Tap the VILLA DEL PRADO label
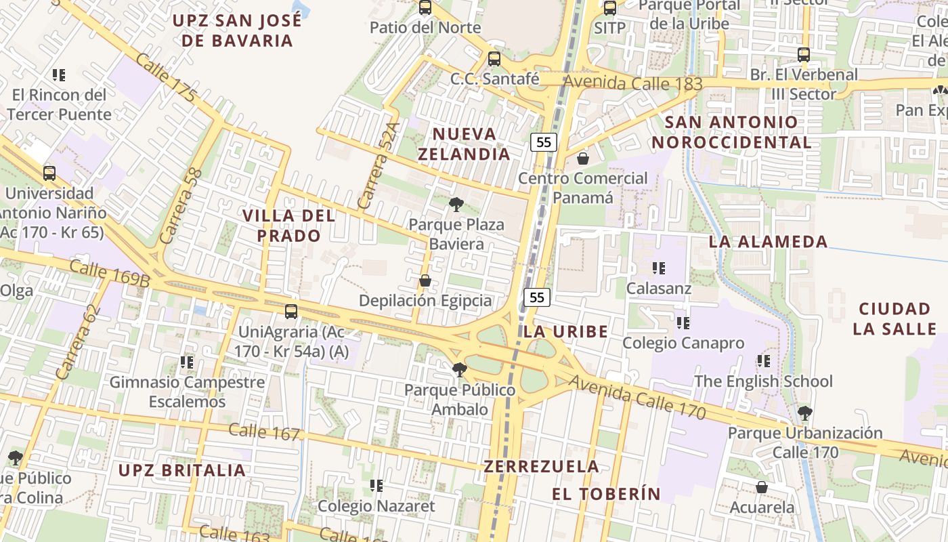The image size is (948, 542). (288, 226)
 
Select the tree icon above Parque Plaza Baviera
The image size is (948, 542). (456, 204)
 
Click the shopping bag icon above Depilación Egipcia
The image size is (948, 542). (425, 280)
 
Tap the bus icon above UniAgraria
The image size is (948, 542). (291, 312)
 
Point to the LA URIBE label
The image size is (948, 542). (565, 331)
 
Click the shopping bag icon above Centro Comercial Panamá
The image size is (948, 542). (582, 159)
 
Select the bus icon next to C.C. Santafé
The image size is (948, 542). (494, 59)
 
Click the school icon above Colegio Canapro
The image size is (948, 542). (683, 323)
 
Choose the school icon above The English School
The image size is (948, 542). (763, 361)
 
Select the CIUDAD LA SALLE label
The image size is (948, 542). (894, 319)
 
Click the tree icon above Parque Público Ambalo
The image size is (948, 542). (460, 369)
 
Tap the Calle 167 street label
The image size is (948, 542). (263, 432)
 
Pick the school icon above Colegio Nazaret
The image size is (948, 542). (376, 486)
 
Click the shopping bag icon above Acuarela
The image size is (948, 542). (762, 487)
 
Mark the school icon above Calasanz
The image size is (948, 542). (658, 268)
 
